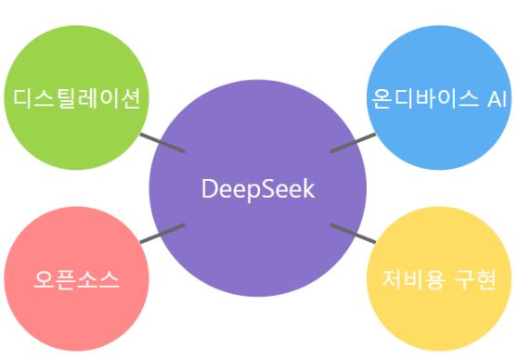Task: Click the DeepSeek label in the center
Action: tap(258, 189)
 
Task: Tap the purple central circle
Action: tap(258, 232)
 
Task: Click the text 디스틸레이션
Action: tap(77, 97)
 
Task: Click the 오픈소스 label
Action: tap(77, 279)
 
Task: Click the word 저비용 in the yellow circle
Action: tap(415, 279)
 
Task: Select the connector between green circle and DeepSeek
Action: tap(162, 143)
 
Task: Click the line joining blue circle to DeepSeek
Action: tap(353, 142)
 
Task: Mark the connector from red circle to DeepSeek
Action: tap(162, 234)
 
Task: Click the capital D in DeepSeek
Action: tap(209, 189)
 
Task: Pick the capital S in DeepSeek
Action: tap(265, 189)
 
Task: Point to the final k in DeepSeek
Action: tap(309, 189)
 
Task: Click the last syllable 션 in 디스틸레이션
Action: tap(130, 97)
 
